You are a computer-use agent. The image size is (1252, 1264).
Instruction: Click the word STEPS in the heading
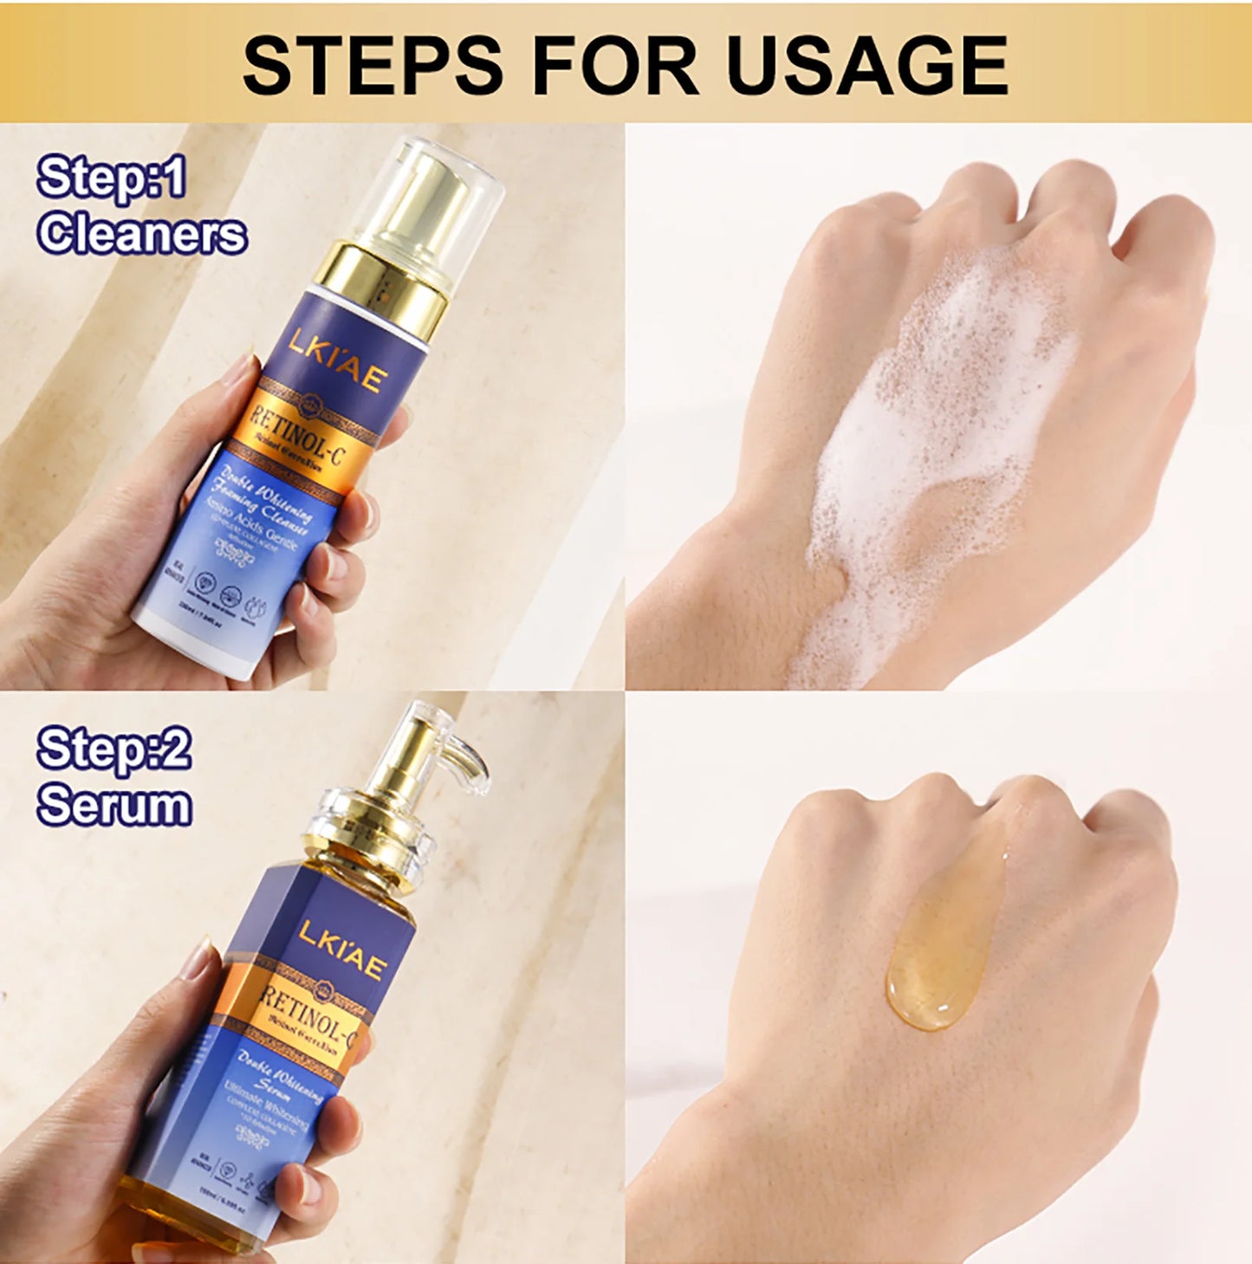point(373,65)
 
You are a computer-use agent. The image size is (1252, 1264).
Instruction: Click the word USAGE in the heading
point(867,65)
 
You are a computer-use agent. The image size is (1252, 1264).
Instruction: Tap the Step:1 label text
point(112,179)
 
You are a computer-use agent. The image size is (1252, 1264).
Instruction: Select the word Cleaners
point(142,235)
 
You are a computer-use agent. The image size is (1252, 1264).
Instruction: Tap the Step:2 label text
point(114,749)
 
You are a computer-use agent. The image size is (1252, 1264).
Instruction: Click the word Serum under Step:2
point(114,805)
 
